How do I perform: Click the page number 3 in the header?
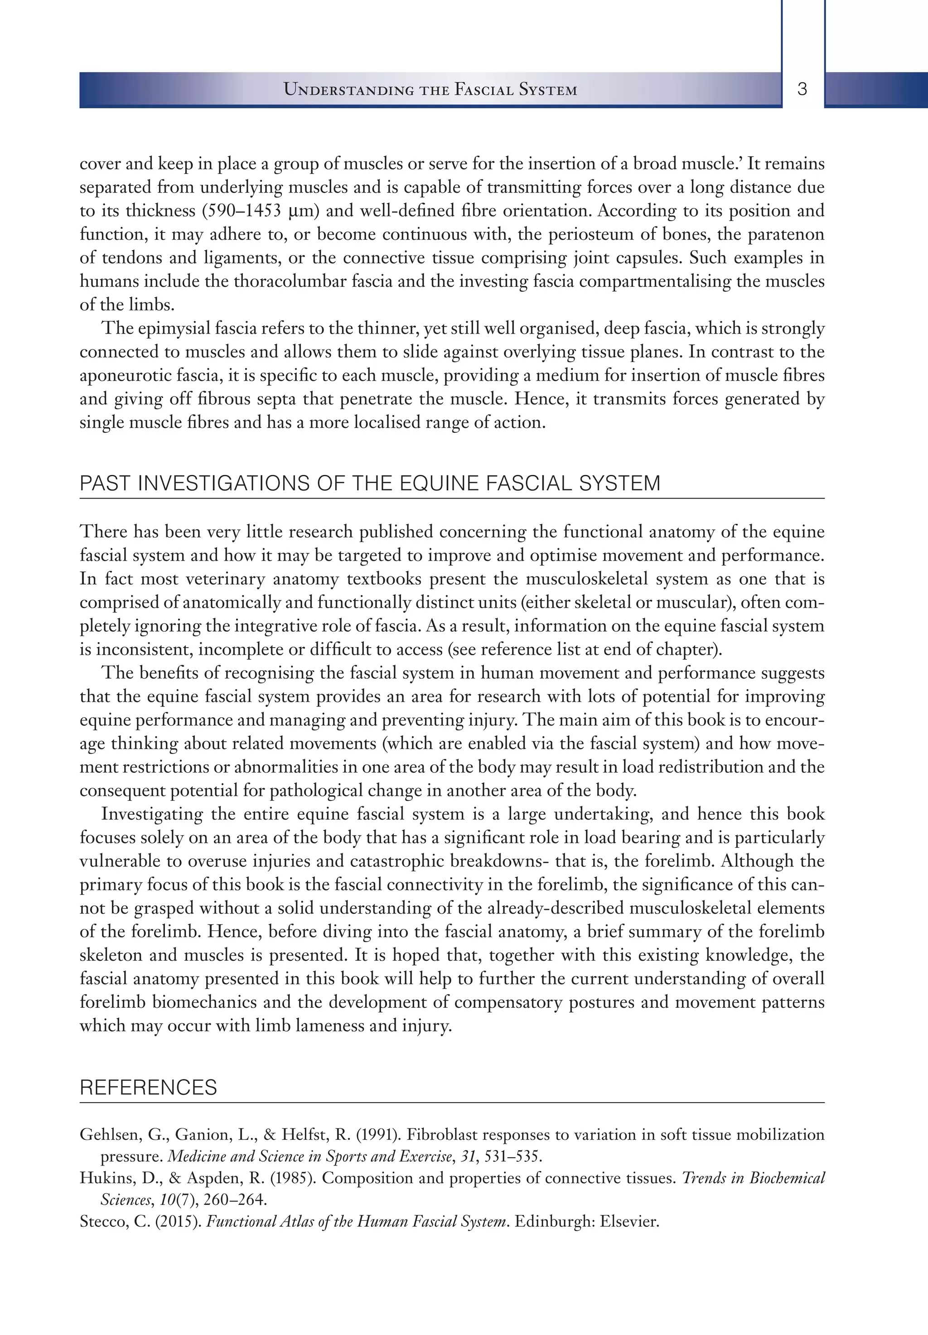[802, 90]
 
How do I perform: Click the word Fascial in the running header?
[484, 90]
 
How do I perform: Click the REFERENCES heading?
[148, 1087]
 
